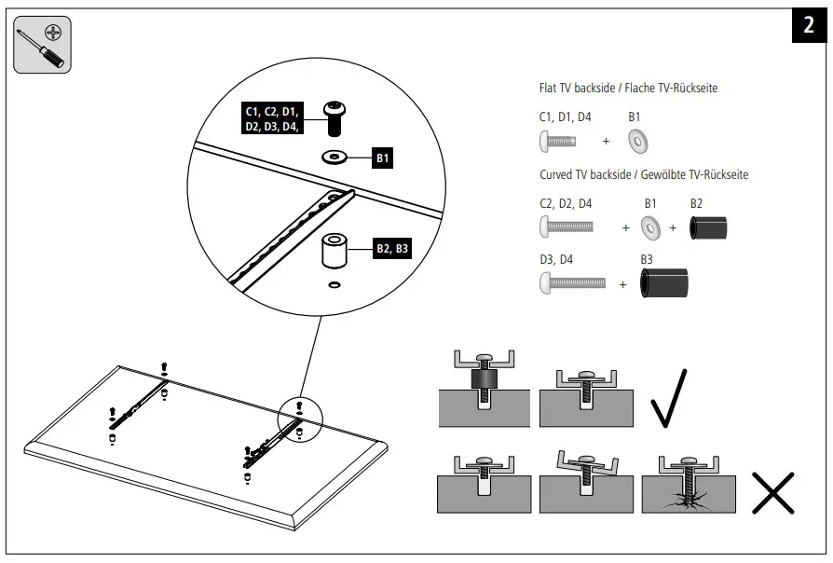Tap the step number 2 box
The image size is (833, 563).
click(807, 26)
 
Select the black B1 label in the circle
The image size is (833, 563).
click(383, 158)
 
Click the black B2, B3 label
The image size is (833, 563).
click(391, 249)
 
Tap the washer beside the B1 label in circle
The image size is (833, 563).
click(334, 156)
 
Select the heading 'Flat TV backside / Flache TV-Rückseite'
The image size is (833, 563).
click(628, 89)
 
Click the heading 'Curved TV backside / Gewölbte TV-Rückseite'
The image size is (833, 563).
click(644, 174)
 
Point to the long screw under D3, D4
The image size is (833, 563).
click(572, 281)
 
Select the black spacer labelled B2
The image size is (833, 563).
click(708, 228)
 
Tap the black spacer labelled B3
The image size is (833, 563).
click(664, 282)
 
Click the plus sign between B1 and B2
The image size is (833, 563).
click(673, 227)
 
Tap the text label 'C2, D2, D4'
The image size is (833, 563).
click(566, 203)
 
